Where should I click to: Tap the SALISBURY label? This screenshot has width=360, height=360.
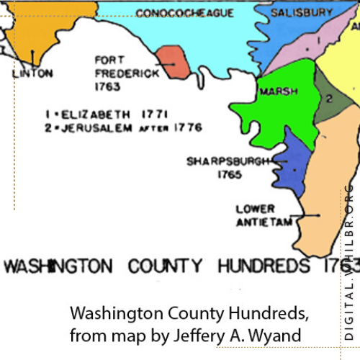(302, 13)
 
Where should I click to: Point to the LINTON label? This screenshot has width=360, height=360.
(32, 73)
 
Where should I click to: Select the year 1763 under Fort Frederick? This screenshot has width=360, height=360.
(105, 86)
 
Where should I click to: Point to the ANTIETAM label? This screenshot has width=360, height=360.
(264, 222)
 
